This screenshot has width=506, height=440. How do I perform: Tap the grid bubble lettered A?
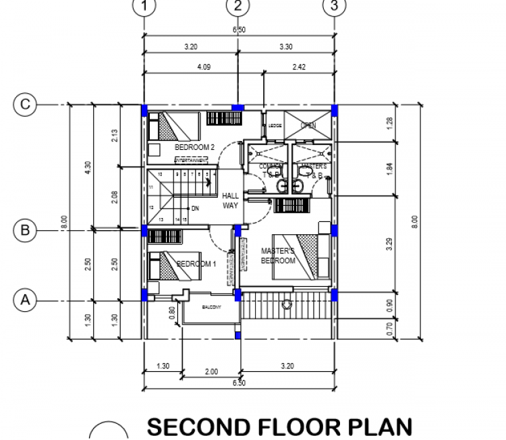pyautogui.click(x=25, y=298)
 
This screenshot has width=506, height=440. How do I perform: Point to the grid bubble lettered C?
pyautogui.click(x=25, y=105)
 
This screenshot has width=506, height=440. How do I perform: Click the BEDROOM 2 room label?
pyautogui.click(x=194, y=147)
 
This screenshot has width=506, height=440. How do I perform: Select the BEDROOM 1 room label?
pyautogui.click(x=196, y=264)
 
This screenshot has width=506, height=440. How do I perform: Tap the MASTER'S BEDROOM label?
pyautogui.click(x=278, y=256)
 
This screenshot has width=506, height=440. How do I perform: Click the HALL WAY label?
pyautogui.click(x=231, y=200)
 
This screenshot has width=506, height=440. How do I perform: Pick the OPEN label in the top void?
pyautogui.click(x=308, y=126)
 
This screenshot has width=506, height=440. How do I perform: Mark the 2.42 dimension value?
pyautogui.click(x=299, y=67)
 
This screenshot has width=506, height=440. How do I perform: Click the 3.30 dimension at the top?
pyautogui.click(x=285, y=47)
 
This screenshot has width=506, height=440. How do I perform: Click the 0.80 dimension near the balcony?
pyautogui.click(x=173, y=312)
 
